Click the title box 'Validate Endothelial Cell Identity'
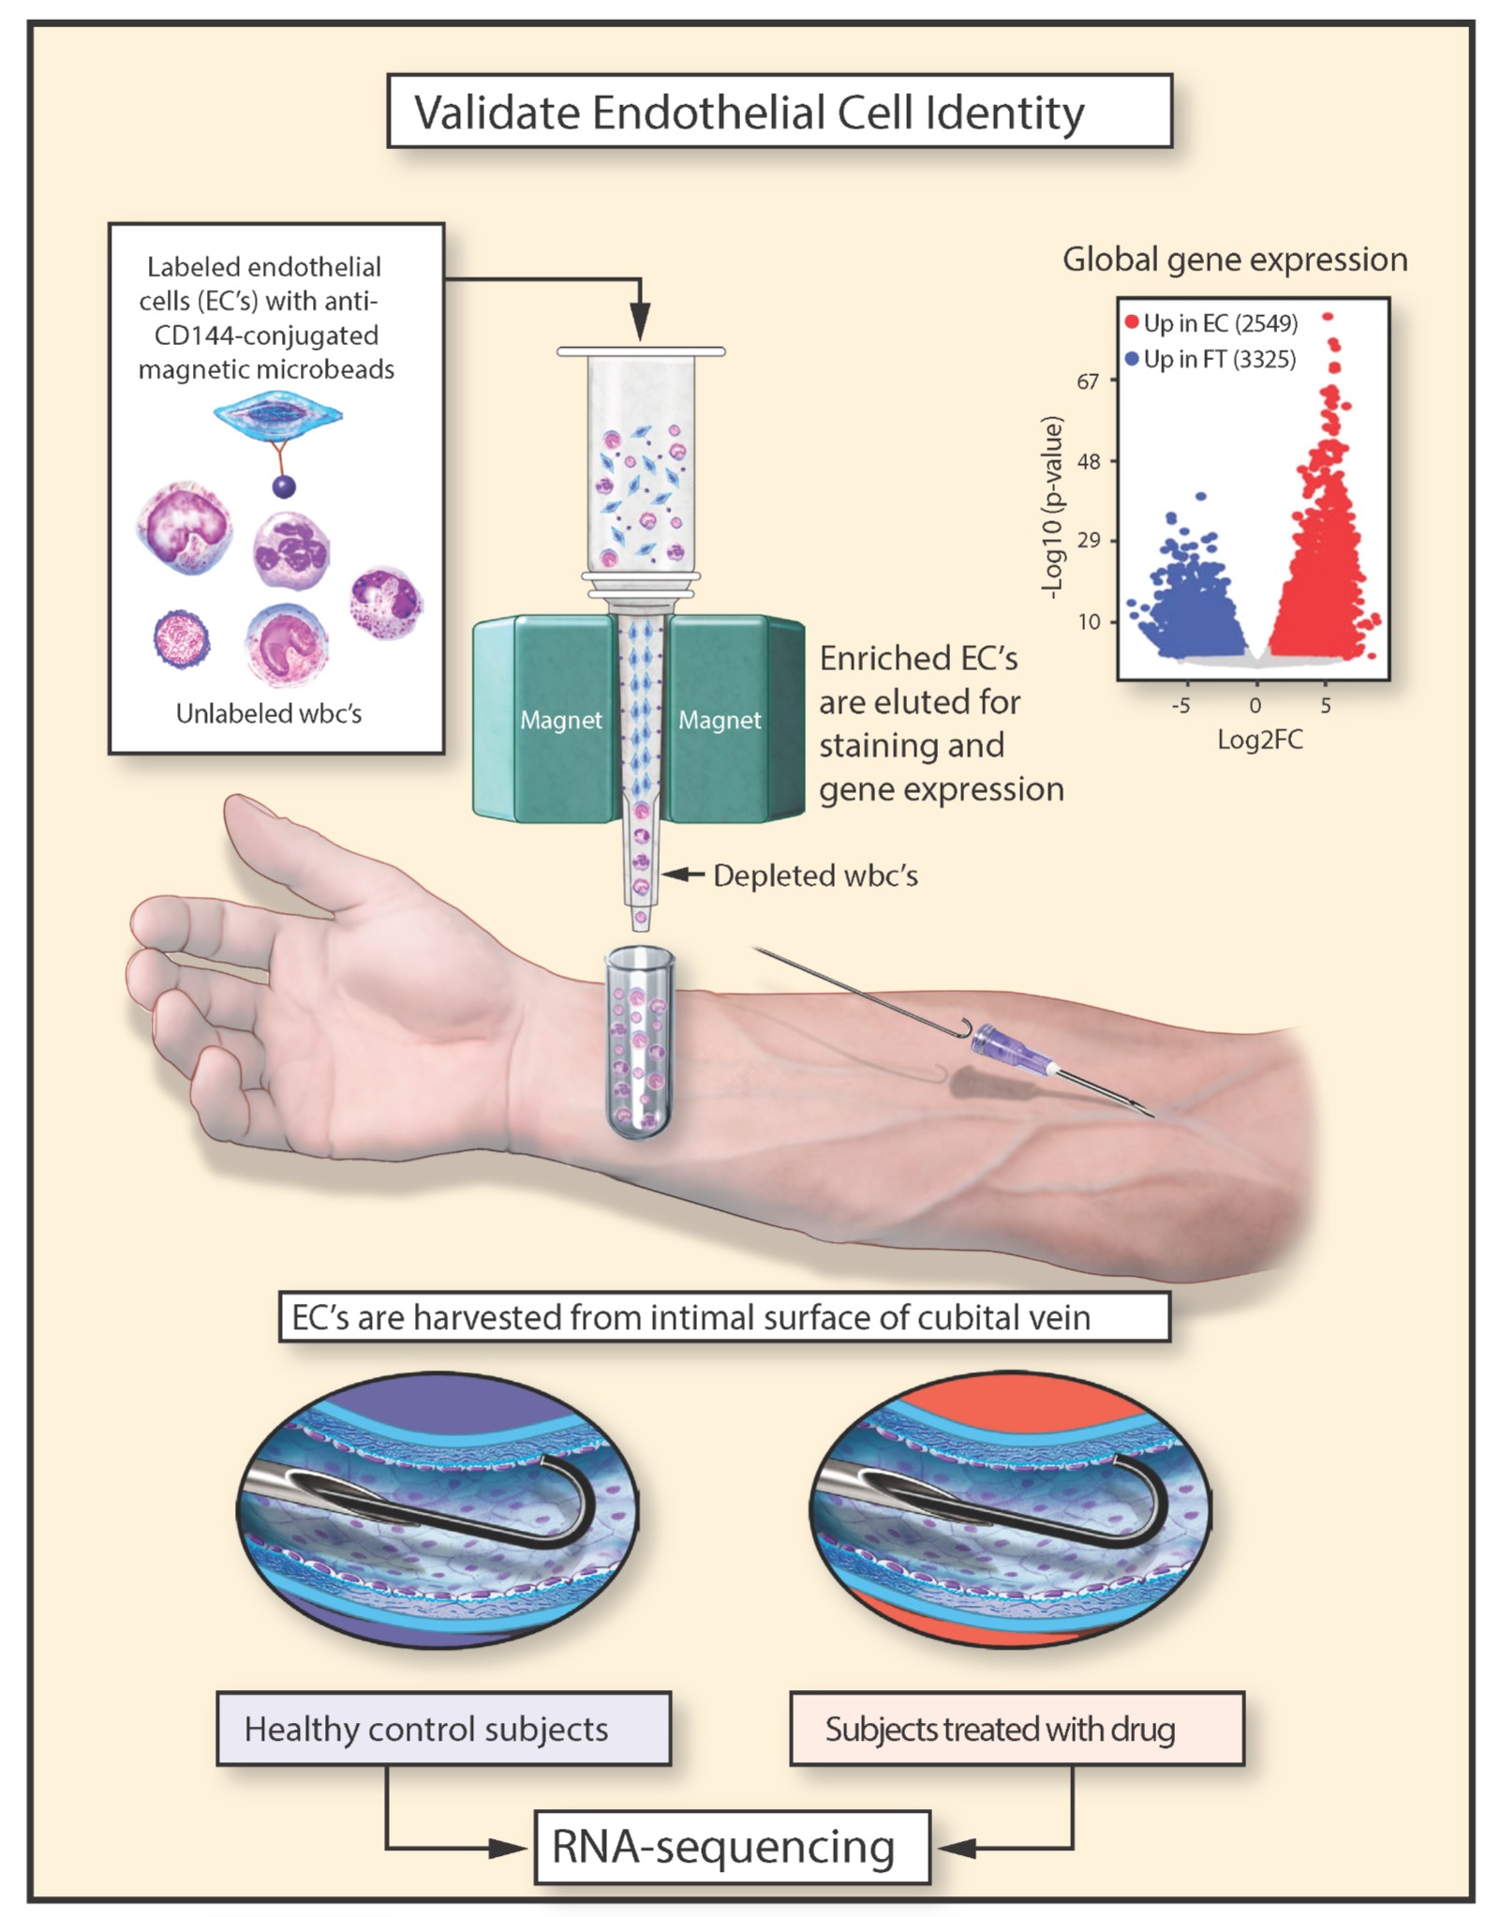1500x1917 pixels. click(x=779, y=112)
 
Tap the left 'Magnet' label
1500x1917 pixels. click(x=560, y=720)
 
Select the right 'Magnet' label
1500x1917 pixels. click(x=720, y=720)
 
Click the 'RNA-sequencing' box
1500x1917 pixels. click(x=732, y=1846)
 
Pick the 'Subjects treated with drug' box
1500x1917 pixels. click(x=1017, y=1729)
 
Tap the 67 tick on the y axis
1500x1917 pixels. click(x=1088, y=382)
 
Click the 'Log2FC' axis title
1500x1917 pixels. click(x=1259, y=741)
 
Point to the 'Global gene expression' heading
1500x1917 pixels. click(x=1234, y=260)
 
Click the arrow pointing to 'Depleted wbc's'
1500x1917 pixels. click(x=684, y=875)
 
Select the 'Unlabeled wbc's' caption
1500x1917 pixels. click(x=269, y=714)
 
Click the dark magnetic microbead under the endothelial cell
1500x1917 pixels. click(x=283, y=486)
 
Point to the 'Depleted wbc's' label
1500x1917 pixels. click(x=815, y=876)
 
